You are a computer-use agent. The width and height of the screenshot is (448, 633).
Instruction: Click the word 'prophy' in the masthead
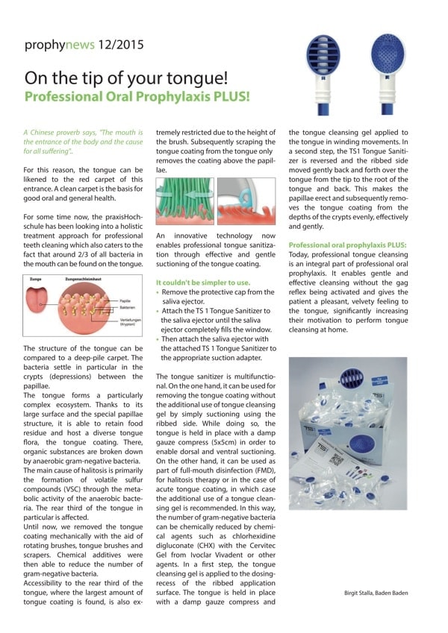(44, 44)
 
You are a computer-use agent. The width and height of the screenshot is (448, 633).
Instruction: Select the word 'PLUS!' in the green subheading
(227, 97)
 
